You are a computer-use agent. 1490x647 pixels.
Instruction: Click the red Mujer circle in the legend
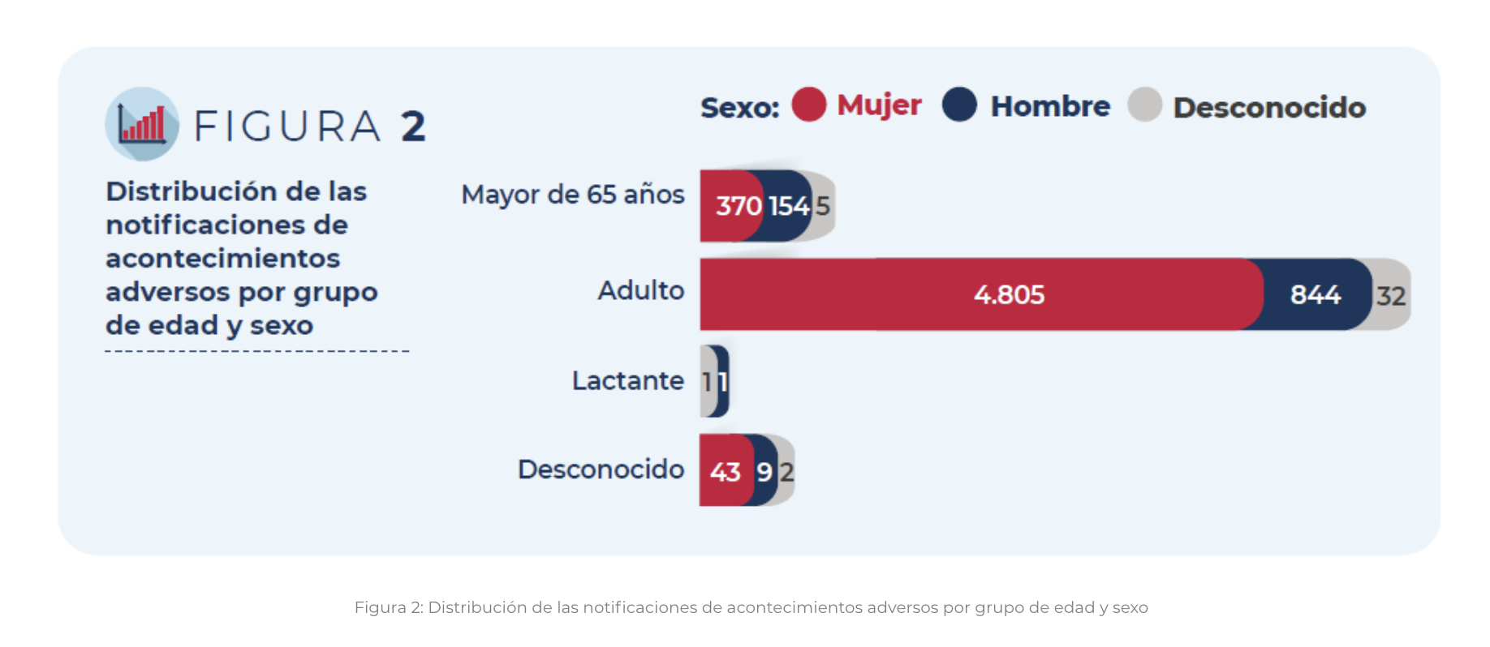point(808,105)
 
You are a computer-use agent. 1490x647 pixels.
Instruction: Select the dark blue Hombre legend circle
point(959,105)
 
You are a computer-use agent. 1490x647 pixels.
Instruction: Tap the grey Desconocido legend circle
point(1144,105)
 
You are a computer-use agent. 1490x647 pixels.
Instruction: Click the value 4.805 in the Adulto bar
point(1009,294)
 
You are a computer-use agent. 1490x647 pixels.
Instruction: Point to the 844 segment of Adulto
point(1315,294)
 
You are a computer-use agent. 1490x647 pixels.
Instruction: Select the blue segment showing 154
point(789,206)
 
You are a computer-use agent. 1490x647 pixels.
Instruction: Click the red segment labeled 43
point(725,471)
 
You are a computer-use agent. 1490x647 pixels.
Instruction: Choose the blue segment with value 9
point(764,471)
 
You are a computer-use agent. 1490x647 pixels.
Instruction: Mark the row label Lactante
point(627,380)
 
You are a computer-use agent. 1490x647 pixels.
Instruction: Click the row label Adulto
point(640,290)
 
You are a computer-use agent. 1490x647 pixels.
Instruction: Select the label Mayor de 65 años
point(572,195)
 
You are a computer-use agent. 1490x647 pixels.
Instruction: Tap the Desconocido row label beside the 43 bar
point(601,469)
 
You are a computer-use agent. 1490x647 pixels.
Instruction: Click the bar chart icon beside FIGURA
point(142,124)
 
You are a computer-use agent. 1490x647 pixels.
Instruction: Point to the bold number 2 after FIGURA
point(413,126)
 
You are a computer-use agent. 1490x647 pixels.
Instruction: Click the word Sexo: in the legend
point(739,107)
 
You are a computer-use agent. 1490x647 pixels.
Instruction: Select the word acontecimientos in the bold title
point(222,258)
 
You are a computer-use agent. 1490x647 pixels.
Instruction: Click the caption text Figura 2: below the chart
point(389,607)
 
